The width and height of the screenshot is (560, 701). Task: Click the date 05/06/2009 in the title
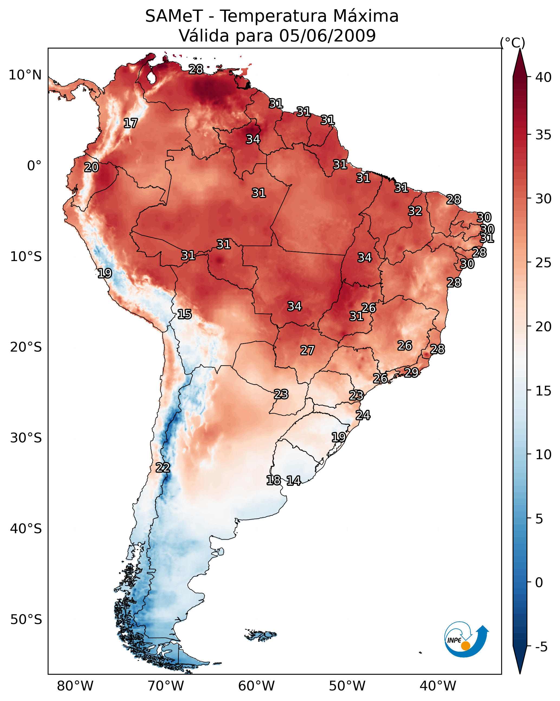[x=327, y=36]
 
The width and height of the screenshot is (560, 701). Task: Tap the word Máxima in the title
[x=366, y=16]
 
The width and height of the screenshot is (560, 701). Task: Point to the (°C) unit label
[x=513, y=43]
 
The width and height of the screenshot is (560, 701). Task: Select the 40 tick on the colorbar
[x=543, y=77]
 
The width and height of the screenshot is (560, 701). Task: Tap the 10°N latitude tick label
[x=25, y=75]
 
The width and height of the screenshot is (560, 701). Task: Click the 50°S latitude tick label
[x=26, y=620]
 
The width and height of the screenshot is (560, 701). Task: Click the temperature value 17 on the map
[x=131, y=123]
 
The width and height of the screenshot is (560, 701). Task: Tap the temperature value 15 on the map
[x=184, y=314]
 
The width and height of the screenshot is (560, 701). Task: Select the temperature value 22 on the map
[x=163, y=468]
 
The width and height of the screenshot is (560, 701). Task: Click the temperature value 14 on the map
[x=294, y=481]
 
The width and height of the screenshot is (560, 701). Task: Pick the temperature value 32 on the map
[x=415, y=211]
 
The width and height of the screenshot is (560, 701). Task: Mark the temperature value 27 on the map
[x=307, y=350]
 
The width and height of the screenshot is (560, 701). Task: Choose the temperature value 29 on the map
[x=412, y=372]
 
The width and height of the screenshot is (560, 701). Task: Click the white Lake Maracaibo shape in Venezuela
[x=151, y=77]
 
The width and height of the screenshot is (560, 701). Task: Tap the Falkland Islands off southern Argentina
[x=261, y=635]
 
